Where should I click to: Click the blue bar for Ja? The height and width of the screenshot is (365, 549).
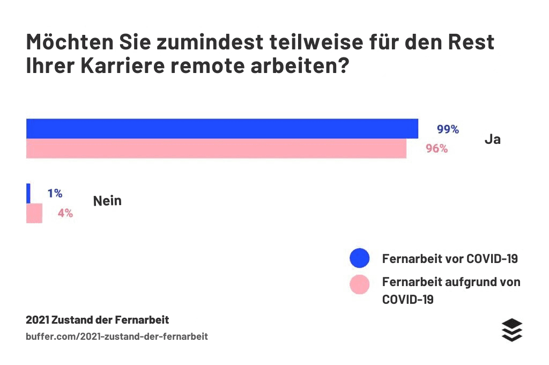tap(222, 129)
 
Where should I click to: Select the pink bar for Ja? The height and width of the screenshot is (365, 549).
tap(216, 149)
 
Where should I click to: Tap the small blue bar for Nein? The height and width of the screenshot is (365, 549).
tap(28, 193)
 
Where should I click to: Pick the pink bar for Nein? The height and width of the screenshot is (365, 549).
tap(34, 213)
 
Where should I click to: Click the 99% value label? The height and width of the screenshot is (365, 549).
tap(448, 129)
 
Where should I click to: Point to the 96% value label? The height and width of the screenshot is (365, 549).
tap(437, 149)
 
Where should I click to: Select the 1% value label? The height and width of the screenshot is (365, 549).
tap(55, 193)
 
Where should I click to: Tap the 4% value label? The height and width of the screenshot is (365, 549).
tap(65, 213)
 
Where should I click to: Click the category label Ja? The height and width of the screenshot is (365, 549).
tap(493, 140)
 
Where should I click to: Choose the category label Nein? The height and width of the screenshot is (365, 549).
tap(107, 201)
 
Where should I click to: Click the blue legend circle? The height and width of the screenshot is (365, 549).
tap(360, 258)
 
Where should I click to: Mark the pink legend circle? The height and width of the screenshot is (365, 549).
tap(360, 284)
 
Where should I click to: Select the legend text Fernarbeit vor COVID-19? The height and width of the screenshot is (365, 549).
tap(450, 259)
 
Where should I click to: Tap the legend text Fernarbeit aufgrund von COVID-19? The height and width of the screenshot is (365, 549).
tap(451, 290)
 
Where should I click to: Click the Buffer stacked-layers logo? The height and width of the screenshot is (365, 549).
tap(512, 330)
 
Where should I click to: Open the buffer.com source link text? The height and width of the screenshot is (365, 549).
tap(117, 337)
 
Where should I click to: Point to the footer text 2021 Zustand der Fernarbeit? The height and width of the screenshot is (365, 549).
tap(98, 320)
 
